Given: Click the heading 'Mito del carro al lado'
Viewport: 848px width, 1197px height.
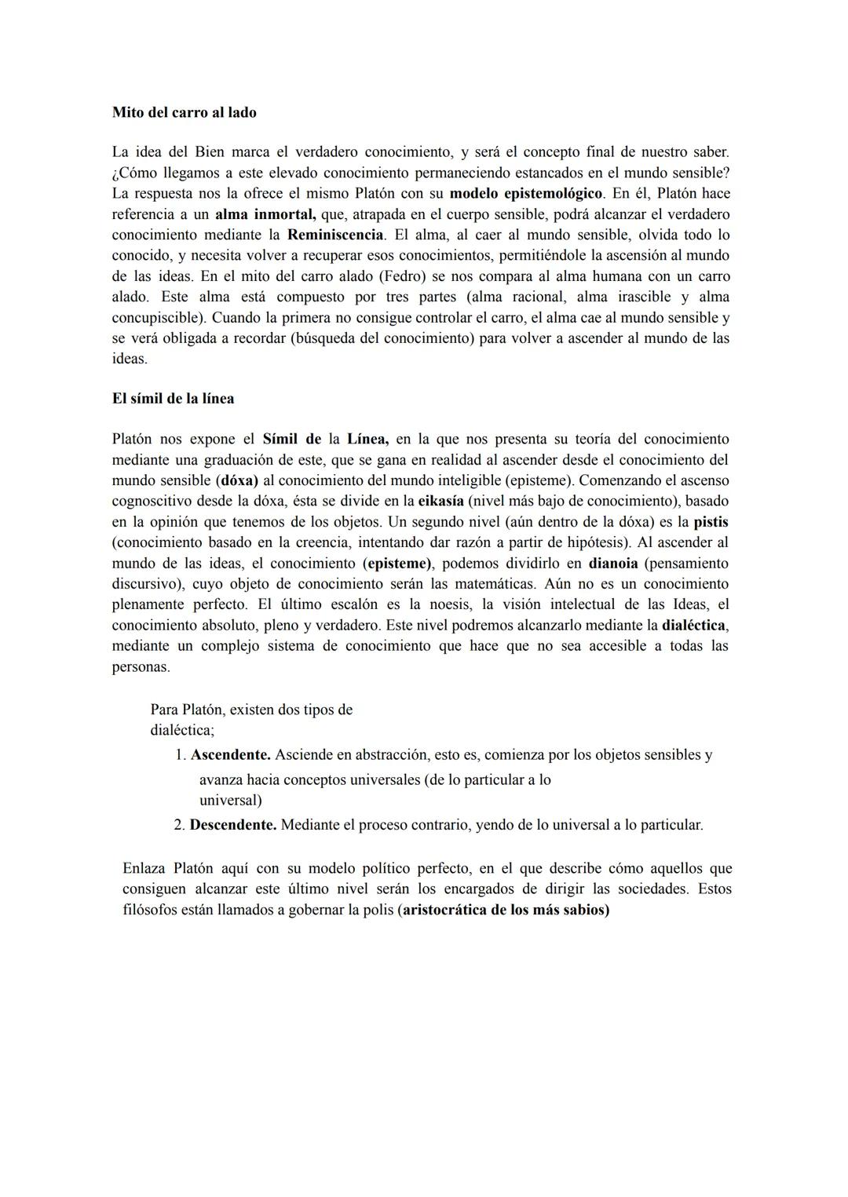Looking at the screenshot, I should [x=184, y=112].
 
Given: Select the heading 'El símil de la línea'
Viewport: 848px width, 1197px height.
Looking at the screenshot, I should [x=173, y=398].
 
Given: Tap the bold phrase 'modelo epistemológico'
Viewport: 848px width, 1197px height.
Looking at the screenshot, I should [x=525, y=193].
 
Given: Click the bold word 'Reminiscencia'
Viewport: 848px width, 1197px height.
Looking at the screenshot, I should [x=335, y=235].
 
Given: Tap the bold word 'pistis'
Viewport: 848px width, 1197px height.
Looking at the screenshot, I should [x=711, y=521].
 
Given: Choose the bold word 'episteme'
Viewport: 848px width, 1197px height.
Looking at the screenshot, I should [x=398, y=563].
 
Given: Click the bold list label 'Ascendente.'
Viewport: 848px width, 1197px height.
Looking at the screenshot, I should [x=230, y=755].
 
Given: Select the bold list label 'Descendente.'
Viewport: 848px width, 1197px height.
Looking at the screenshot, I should [x=232, y=825].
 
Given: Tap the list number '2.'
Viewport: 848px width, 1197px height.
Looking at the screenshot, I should [x=179, y=825].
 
